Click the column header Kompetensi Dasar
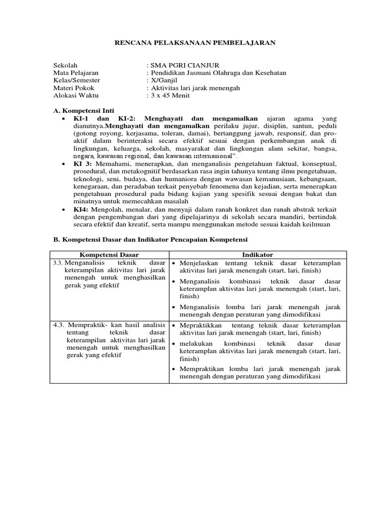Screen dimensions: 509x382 (109, 255)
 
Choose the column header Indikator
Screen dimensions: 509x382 (258, 255)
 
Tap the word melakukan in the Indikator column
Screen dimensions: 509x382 (196, 343)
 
